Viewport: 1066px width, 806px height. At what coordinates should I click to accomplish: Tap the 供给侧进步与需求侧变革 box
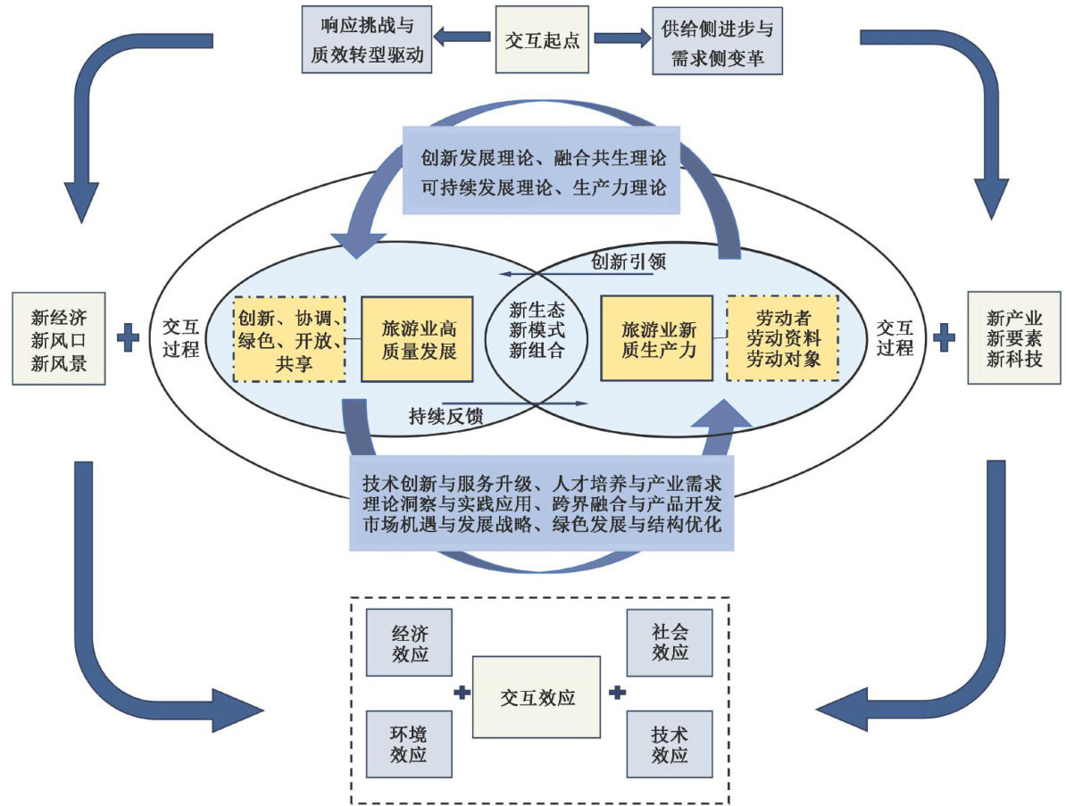tap(718, 39)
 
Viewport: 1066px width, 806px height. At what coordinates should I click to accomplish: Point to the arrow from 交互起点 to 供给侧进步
tap(622, 37)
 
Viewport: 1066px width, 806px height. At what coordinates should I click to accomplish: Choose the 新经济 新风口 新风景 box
tap(59, 337)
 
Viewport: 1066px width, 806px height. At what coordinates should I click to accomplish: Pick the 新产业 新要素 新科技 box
tap(1014, 337)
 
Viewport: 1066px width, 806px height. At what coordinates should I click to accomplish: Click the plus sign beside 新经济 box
tap(128, 337)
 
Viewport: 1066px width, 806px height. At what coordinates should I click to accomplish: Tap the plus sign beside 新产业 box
tap(944, 337)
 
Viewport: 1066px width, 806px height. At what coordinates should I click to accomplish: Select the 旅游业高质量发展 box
tap(416, 339)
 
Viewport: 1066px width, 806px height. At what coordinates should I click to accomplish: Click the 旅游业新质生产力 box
tap(656, 339)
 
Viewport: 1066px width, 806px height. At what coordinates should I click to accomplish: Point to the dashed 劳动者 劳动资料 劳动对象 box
tap(782, 339)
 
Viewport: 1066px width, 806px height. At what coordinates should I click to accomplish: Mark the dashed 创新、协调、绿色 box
tap(288, 339)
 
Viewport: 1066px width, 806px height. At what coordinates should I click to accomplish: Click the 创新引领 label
tap(629, 262)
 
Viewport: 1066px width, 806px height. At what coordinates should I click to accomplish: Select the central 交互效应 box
tap(536, 696)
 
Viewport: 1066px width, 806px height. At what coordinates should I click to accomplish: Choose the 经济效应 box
tap(410, 642)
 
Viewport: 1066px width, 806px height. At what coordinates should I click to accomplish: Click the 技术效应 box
tap(670, 744)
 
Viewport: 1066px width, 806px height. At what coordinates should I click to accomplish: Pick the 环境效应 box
tap(410, 744)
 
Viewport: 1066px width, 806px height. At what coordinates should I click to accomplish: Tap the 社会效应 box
tap(670, 642)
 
